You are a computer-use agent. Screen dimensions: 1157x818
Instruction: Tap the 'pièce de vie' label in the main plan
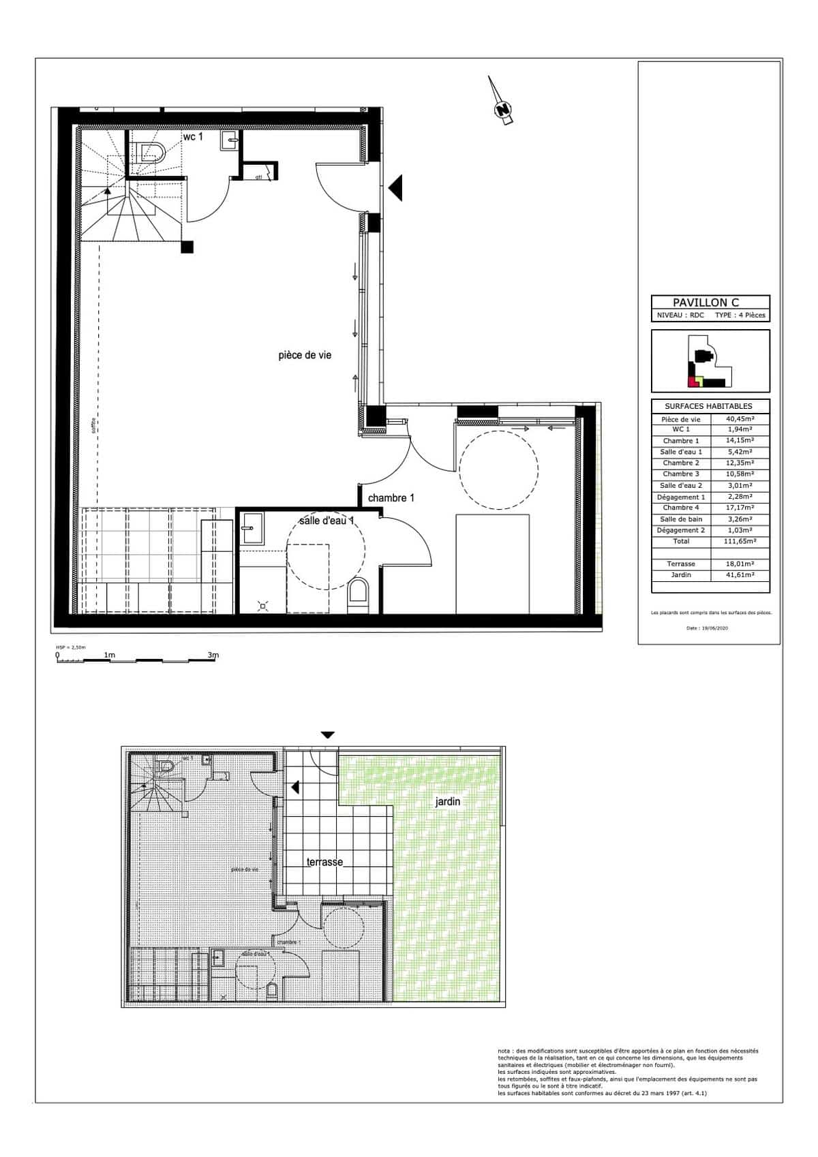click(305, 355)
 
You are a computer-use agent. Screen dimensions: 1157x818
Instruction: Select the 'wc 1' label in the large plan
click(192, 137)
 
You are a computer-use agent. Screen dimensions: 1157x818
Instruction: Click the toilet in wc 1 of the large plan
click(148, 153)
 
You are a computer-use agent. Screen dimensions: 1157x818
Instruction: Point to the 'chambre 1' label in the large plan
click(391, 498)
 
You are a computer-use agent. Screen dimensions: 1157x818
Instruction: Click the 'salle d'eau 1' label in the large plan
click(327, 521)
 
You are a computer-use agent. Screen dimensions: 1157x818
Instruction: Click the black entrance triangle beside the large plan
click(396, 187)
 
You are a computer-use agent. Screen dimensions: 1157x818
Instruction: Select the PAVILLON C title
click(706, 303)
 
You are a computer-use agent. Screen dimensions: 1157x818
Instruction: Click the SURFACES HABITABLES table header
click(708, 406)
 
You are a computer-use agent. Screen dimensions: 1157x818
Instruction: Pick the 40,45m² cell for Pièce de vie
click(739, 419)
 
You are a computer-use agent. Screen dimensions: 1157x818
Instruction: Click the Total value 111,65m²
click(739, 541)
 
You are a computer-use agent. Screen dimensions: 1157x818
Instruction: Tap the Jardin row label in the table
click(681, 575)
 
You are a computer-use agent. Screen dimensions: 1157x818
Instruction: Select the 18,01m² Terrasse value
click(739, 564)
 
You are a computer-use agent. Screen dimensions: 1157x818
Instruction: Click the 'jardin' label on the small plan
click(448, 802)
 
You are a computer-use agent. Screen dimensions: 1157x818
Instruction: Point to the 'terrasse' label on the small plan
click(324, 862)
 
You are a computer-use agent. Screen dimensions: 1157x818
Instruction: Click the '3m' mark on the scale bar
click(213, 655)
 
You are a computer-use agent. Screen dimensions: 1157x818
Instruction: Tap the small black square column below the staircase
click(187, 247)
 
